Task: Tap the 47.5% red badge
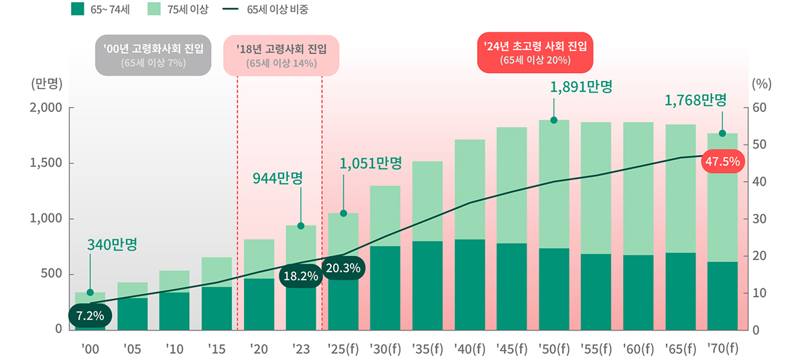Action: click(722, 161)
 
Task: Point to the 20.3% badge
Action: click(344, 267)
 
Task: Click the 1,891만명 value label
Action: click(581, 87)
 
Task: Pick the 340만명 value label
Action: click(113, 245)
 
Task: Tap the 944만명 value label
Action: click(277, 178)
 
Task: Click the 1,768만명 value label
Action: click(695, 101)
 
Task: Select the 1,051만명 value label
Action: click(371, 163)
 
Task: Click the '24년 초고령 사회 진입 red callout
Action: click(535, 52)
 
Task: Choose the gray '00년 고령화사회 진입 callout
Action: click(153, 56)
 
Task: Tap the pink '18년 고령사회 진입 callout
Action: click(281, 56)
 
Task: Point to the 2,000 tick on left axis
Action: click(46, 107)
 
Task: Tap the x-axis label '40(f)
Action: click(470, 348)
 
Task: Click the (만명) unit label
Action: click(46, 84)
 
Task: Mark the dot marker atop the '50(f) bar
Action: click(554, 120)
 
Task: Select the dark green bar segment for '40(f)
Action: click(470, 284)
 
